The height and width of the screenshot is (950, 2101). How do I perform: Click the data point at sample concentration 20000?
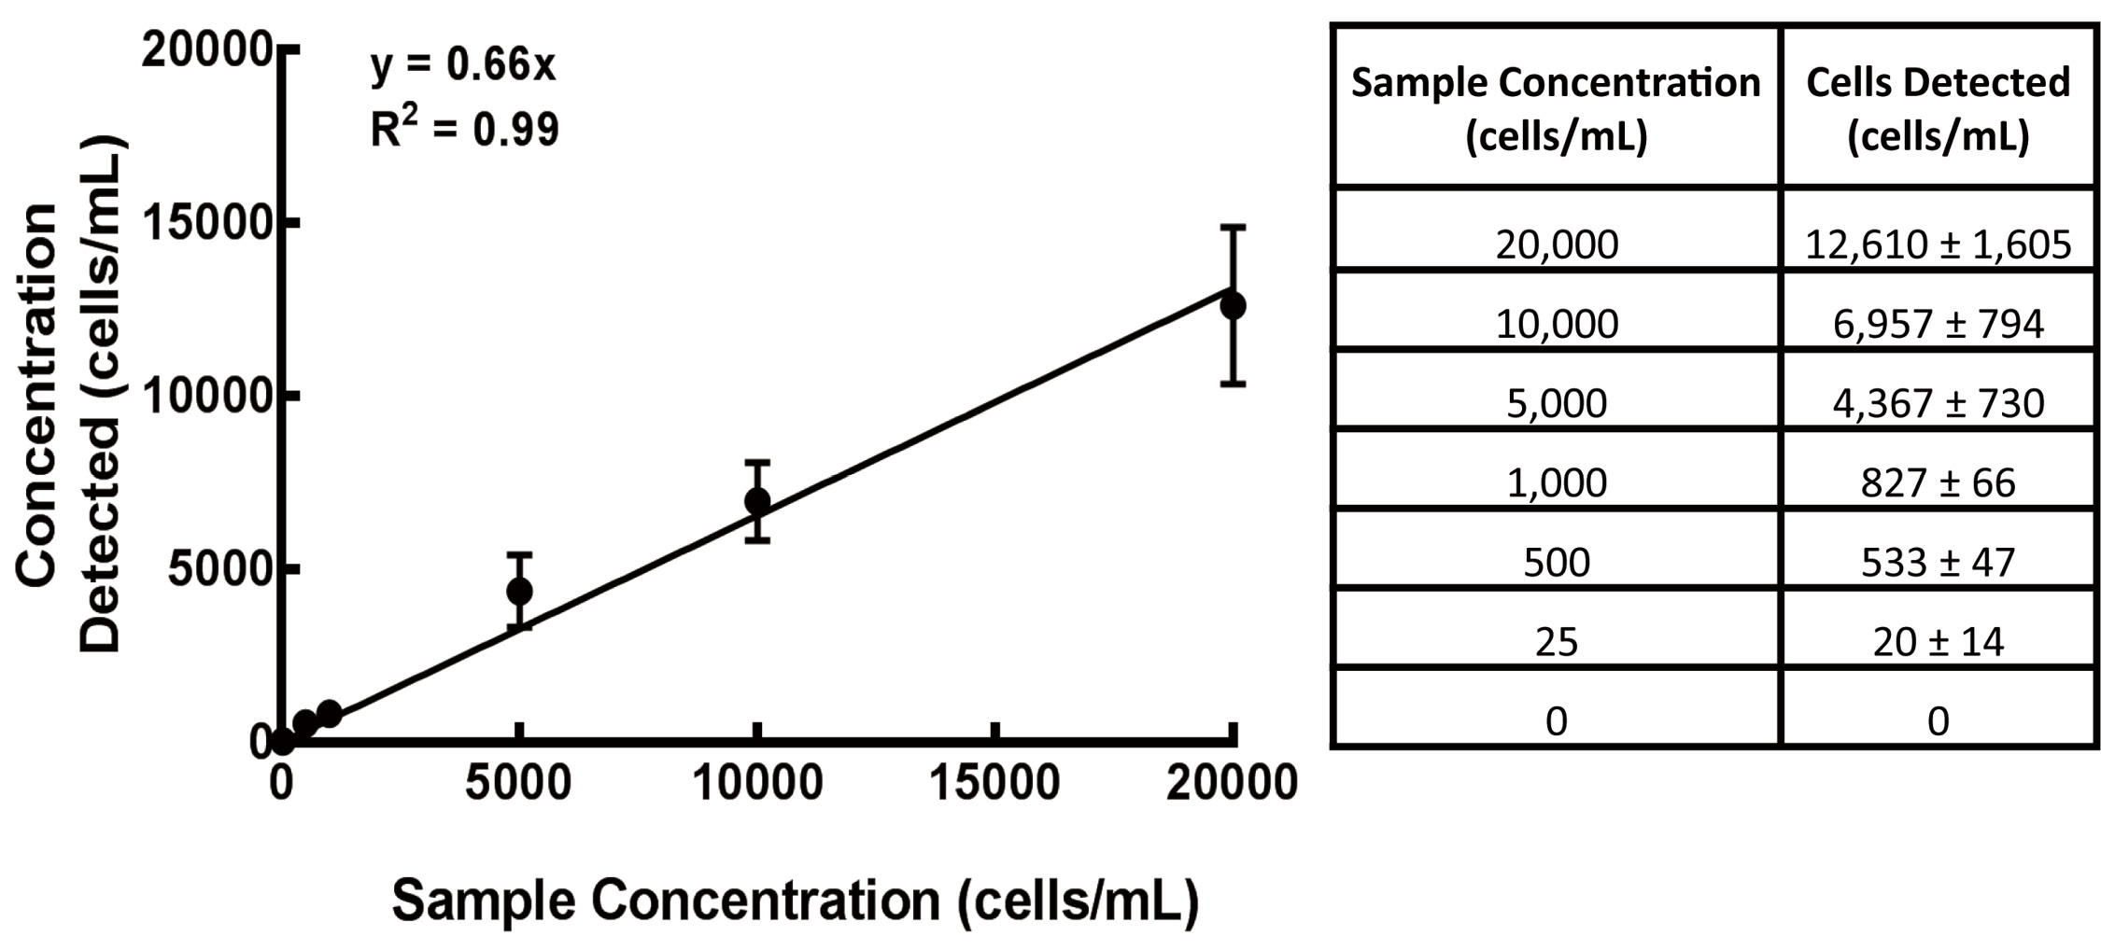coord(1233,305)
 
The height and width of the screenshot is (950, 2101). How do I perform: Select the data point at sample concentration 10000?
coord(757,501)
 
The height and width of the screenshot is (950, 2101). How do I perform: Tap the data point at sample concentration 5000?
coord(519,591)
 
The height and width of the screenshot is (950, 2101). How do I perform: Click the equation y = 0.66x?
coord(463,65)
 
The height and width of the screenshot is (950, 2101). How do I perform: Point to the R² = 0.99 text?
coord(464,129)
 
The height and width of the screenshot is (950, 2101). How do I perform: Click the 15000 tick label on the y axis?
coord(206,223)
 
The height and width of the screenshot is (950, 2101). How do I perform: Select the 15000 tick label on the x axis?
coord(994,782)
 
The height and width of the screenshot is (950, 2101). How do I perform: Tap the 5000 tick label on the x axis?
coord(518,782)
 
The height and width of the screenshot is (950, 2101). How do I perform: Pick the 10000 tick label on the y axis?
coord(206,397)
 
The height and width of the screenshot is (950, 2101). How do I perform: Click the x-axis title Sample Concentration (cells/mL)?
coord(795,901)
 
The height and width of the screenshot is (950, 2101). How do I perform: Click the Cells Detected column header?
coord(1938,108)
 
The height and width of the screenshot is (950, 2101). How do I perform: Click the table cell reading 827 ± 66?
coord(1938,482)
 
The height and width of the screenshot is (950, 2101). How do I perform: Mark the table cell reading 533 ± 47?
coord(1938,562)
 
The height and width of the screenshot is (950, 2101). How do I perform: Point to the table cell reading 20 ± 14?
coord(1938,641)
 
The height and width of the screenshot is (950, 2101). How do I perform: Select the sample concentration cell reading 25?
coord(1556,641)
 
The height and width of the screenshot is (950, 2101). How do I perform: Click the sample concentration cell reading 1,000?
coord(1556,482)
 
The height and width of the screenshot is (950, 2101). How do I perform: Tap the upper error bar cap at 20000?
coord(1233,227)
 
